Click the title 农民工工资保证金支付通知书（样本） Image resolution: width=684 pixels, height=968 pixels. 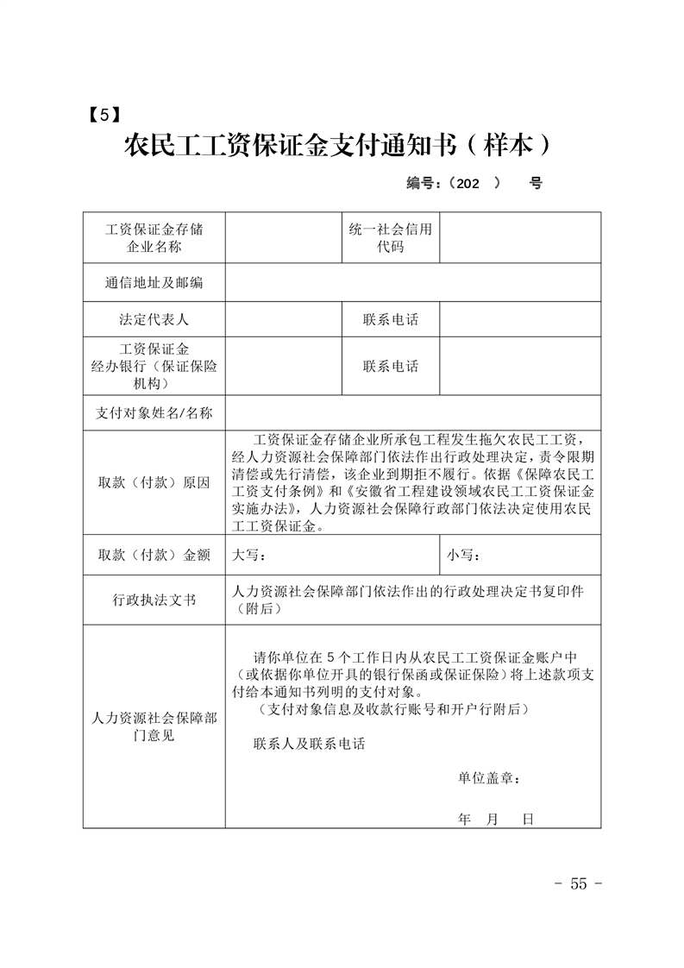[x=337, y=145]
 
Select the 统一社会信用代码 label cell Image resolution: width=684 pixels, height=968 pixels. [x=390, y=238]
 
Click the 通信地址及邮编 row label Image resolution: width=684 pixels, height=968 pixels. [x=154, y=283]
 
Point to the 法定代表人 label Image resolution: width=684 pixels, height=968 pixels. [x=154, y=319]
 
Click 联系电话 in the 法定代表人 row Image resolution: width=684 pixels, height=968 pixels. [x=390, y=319]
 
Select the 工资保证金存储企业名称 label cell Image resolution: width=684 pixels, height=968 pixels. [x=154, y=238]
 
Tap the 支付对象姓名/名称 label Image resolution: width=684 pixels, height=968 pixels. [x=154, y=412]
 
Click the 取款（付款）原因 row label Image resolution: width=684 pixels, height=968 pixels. [x=154, y=483]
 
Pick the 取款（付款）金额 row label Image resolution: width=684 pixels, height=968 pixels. [x=154, y=555]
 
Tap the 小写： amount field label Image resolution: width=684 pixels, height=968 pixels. [x=463, y=555]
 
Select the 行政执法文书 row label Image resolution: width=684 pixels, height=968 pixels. [x=154, y=600]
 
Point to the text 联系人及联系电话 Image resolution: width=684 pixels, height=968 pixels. [x=309, y=744]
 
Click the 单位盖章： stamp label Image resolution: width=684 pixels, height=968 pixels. [x=489, y=778]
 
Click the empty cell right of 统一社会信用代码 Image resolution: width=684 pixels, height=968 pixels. [x=520, y=238]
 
